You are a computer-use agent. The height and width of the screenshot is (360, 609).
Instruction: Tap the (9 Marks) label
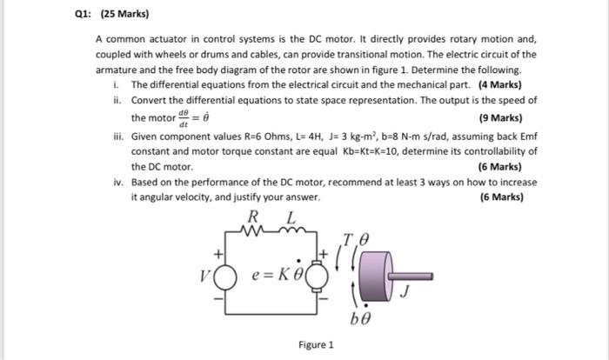(501, 117)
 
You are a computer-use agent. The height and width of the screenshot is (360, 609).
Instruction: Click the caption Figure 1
(317, 345)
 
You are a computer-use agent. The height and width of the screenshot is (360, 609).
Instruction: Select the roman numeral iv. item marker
(117, 183)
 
